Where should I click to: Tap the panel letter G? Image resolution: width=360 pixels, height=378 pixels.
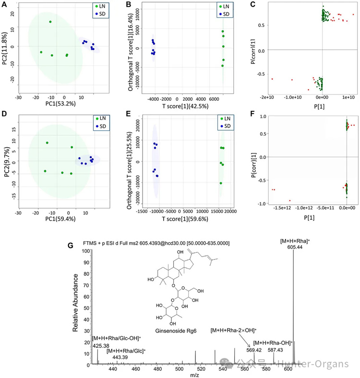click(72, 246)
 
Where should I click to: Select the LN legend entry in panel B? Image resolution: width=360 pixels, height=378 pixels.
click(226, 7)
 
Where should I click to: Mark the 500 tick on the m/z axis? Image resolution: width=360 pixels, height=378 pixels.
click(180, 369)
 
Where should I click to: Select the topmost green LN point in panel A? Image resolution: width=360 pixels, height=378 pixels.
click(50, 22)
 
